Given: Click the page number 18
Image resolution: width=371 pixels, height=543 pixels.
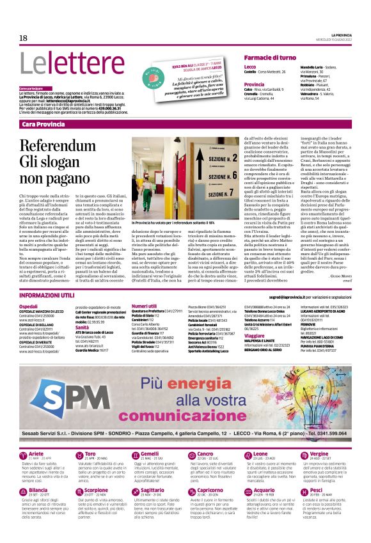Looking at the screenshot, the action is [x=24, y=38].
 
